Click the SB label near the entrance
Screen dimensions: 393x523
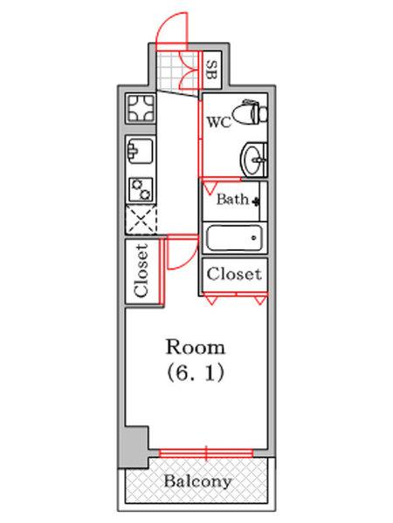pos(211,70)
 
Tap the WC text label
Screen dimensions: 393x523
pos(219,122)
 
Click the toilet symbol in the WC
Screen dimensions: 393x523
pos(250,112)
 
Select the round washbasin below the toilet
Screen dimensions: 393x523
pos(254,160)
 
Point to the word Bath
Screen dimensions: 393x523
pos(232,200)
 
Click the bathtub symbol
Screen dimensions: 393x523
pos(234,238)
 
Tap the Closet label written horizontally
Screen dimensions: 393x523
pos(233,275)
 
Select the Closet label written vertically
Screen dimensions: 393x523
pos(141,270)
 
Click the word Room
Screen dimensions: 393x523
pos(196,347)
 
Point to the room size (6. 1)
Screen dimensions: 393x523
pos(196,373)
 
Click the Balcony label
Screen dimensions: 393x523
pos(198,481)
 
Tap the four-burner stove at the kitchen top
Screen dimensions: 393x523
pos(141,108)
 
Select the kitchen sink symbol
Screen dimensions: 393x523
pos(141,150)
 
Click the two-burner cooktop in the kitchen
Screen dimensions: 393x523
pos(141,189)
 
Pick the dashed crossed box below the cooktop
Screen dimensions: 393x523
pos(141,219)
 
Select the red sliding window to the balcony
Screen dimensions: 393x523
pos(206,453)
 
